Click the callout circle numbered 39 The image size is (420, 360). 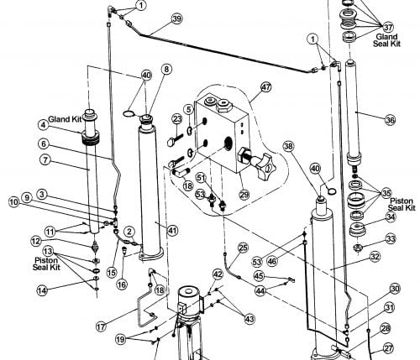click(176, 18)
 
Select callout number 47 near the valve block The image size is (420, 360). click(265, 87)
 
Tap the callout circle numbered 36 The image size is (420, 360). click(390, 120)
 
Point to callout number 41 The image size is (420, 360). click(172, 230)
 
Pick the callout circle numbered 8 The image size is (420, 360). click(166, 69)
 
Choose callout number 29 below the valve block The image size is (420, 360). click(244, 194)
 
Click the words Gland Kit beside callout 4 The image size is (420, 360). click(65, 119)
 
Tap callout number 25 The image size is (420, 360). click(243, 248)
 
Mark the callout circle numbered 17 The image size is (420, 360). click(101, 326)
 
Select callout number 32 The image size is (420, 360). click(375, 257)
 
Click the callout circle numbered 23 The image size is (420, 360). click(177, 119)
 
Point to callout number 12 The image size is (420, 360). click(36, 241)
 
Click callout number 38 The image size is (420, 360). click(289, 146)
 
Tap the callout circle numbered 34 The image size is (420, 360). click(391, 217)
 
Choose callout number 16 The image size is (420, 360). click(122, 284)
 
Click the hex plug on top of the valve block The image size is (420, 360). click(224, 106)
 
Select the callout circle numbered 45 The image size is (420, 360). click(259, 276)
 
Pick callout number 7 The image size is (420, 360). click(45, 160)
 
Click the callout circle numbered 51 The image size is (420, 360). click(201, 177)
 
